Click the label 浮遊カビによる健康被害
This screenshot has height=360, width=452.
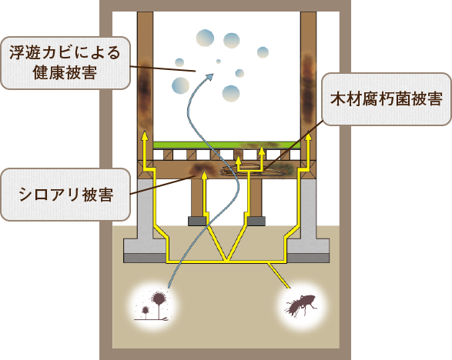click(x=65, y=63)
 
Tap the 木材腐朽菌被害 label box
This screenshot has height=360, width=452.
click(x=387, y=99)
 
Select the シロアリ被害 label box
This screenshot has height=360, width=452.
click(x=65, y=195)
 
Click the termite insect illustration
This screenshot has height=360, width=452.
click(x=300, y=306)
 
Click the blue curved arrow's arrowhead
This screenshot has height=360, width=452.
click(x=209, y=77)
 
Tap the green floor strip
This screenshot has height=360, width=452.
click(x=227, y=145)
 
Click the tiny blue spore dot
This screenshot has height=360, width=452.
click(x=219, y=62)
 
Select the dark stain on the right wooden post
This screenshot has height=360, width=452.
click(x=308, y=88)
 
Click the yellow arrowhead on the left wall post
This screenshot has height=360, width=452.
click(x=145, y=136)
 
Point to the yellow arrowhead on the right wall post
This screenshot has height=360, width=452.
click(x=309, y=136)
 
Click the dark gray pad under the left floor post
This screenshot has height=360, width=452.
click(x=197, y=221)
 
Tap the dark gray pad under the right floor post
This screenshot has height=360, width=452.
click(x=256, y=221)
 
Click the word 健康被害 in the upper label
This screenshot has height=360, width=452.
click(x=65, y=72)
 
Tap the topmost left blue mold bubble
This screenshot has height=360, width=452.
click(x=206, y=38)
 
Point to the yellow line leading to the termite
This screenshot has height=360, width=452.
click(x=279, y=275)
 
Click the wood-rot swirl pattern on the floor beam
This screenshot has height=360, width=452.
click(x=253, y=170)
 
